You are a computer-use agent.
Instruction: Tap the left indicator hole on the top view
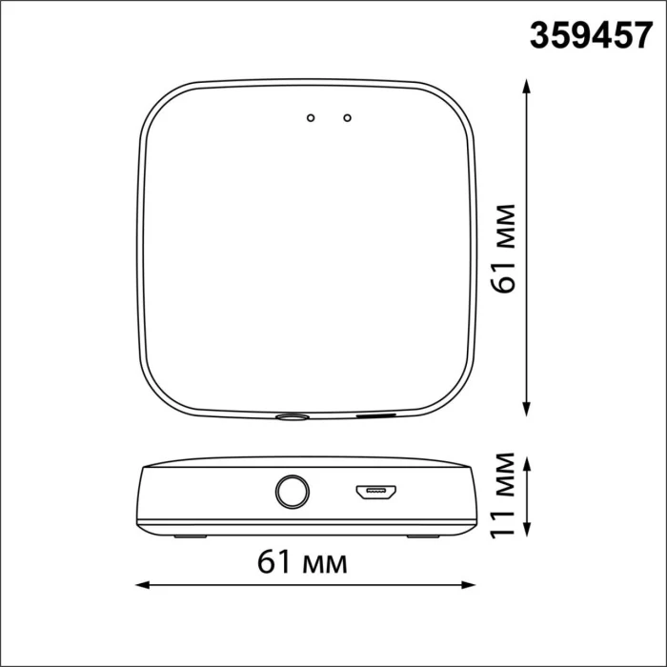[x=310, y=118]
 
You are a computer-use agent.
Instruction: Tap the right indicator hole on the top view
[x=348, y=118]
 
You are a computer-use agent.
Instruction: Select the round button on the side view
[x=292, y=493]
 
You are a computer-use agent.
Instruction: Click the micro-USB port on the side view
[x=375, y=493]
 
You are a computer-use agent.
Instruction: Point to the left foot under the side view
[x=190, y=536]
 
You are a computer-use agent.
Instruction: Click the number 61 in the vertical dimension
[x=507, y=276]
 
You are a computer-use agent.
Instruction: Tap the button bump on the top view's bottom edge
[x=292, y=416]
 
